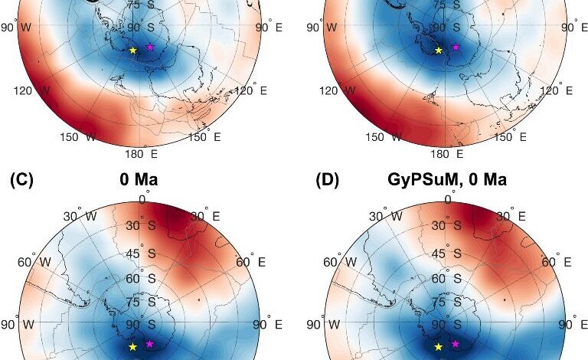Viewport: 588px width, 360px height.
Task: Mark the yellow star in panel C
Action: (x=132, y=347)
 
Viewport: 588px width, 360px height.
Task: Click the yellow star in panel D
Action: (x=439, y=347)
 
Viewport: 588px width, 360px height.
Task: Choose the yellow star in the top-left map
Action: (x=132, y=51)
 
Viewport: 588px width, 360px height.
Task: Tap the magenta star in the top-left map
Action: (x=150, y=47)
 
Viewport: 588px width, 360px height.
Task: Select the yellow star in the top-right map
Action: (x=439, y=51)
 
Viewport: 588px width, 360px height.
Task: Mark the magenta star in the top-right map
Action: (x=456, y=47)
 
